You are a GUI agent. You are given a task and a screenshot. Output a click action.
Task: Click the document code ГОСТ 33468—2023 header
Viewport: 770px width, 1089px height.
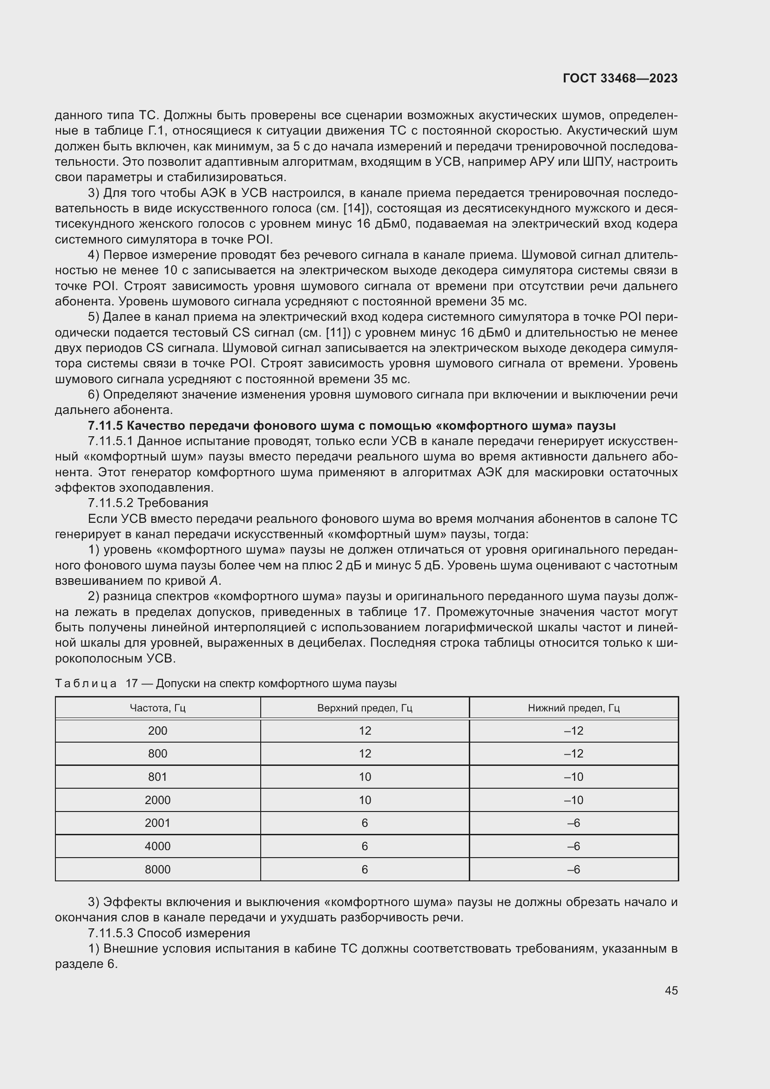pyautogui.click(x=620, y=79)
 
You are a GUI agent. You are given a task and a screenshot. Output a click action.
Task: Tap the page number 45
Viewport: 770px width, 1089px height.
pyautogui.click(x=671, y=990)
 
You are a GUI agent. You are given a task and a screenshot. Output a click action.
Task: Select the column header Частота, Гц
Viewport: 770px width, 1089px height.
pyautogui.click(x=157, y=708)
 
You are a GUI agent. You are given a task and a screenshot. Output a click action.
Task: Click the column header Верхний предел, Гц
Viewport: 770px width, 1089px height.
pyautogui.click(x=365, y=708)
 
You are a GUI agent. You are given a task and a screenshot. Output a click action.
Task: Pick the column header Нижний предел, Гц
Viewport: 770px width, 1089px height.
pyautogui.click(x=574, y=708)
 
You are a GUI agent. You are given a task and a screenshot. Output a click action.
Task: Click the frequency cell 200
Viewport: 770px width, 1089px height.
pyautogui.click(x=157, y=731)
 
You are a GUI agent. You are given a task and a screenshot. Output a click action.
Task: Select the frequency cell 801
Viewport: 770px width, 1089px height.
pyautogui.click(x=157, y=777)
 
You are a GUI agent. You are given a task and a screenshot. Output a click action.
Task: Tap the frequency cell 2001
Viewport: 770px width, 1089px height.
pyautogui.click(x=157, y=823)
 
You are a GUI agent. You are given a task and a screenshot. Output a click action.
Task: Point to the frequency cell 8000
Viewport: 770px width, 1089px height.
pyautogui.click(x=157, y=869)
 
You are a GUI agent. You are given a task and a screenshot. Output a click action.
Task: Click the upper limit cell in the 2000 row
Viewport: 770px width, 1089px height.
pyautogui.click(x=365, y=800)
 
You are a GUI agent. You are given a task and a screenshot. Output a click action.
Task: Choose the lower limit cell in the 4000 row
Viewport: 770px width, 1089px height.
pyautogui.click(x=574, y=846)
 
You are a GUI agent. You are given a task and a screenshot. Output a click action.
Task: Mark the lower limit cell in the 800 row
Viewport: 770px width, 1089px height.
pyautogui.click(x=574, y=754)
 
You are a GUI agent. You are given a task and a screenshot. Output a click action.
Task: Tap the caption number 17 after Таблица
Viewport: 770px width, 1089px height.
pyautogui.click(x=131, y=683)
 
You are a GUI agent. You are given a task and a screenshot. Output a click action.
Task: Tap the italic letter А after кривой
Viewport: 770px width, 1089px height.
pyautogui.click(x=213, y=581)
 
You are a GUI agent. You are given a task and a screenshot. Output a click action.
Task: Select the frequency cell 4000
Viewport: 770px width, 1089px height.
pyautogui.click(x=157, y=846)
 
